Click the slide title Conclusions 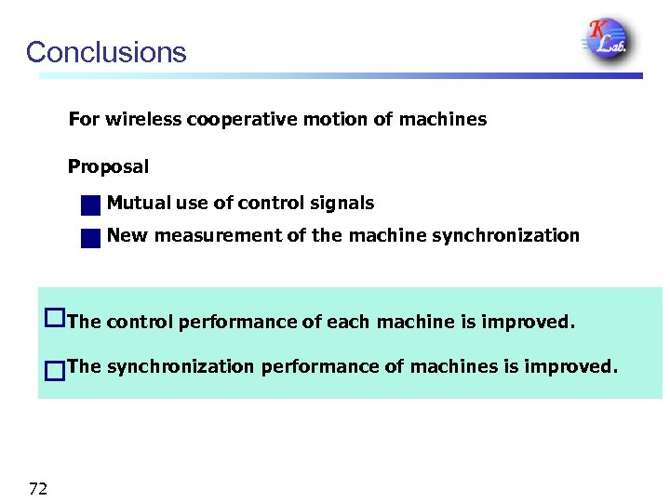coord(106,52)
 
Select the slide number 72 coord(38,488)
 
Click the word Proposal coord(108,167)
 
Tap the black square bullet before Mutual coord(90,205)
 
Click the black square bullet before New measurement coord(90,237)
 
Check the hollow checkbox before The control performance coord(54,319)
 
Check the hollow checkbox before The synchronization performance coord(54,371)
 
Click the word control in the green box coord(139,323)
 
